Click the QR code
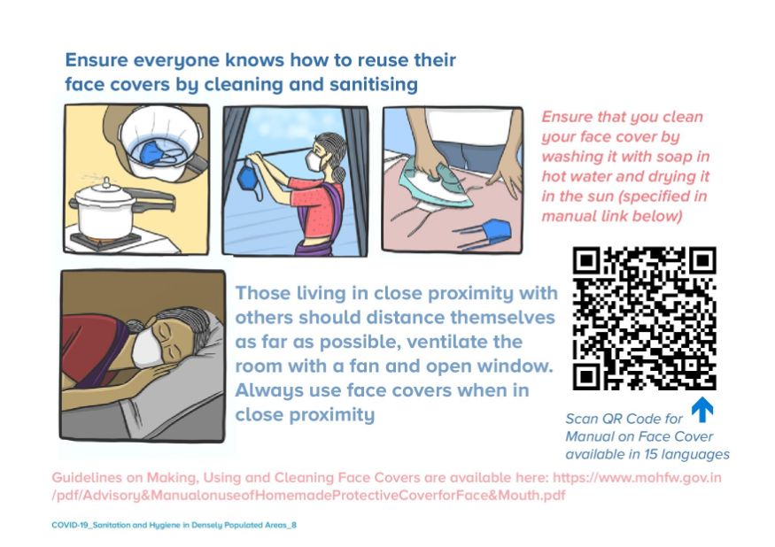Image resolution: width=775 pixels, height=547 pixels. tap(644, 319)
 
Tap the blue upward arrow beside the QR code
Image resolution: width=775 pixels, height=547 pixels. tap(702, 410)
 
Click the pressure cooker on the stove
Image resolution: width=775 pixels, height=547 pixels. tap(106, 210)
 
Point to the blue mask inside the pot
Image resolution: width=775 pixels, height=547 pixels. tap(158, 151)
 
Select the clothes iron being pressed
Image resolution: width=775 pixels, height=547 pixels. tap(435, 185)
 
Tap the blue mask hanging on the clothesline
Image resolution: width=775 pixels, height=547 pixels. tap(251, 181)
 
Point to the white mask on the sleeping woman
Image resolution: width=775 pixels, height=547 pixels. tap(147, 347)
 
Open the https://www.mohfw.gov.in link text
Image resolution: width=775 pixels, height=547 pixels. tap(637, 478)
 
